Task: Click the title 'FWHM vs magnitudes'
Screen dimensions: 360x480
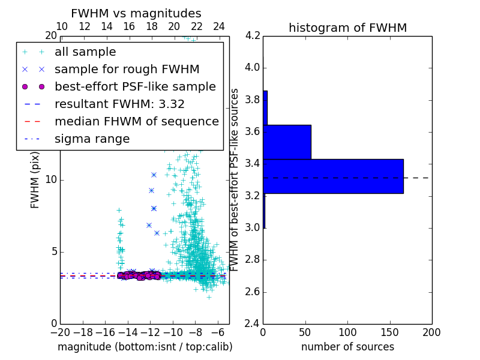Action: pyautogui.click(x=136, y=13)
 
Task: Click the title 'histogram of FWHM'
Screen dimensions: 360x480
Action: pyautogui.click(x=347, y=28)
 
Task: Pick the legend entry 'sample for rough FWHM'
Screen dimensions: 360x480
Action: pyautogui.click(x=127, y=70)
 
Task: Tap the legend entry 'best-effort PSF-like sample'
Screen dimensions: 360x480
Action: pyautogui.click(x=135, y=87)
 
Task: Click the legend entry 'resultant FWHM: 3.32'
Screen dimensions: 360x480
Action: pyautogui.click(x=119, y=104)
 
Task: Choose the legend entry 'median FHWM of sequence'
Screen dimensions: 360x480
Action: pyautogui.click(x=136, y=122)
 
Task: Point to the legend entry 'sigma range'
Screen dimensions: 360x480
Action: pyautogui.click(x=92, y=139)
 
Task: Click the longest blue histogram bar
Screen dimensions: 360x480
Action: pyautogui.click(x=333, y=176)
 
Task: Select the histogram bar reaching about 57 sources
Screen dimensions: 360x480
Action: pyautogui.click(x=287, y=142)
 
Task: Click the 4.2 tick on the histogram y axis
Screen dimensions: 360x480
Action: pyautogui.click(x=253, y=35)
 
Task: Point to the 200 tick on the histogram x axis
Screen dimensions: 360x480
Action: pyautogui.click(x=431, y=332)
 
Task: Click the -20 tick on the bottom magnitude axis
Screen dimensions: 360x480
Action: pyautogui.click(x=60, y=332)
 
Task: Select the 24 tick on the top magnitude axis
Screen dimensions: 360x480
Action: pyautogui.click(x=219, y=26)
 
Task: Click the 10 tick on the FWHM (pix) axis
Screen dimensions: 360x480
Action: pyautogui.click(x=50, y=180)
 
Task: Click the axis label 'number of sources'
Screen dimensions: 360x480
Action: pyautogui.click(x=347, y=347)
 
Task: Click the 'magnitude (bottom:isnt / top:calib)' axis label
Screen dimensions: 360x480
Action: pyautogui.click(x=145, y=347)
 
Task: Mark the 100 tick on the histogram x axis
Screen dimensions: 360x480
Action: pyautogui.click(x=347, y=332)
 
